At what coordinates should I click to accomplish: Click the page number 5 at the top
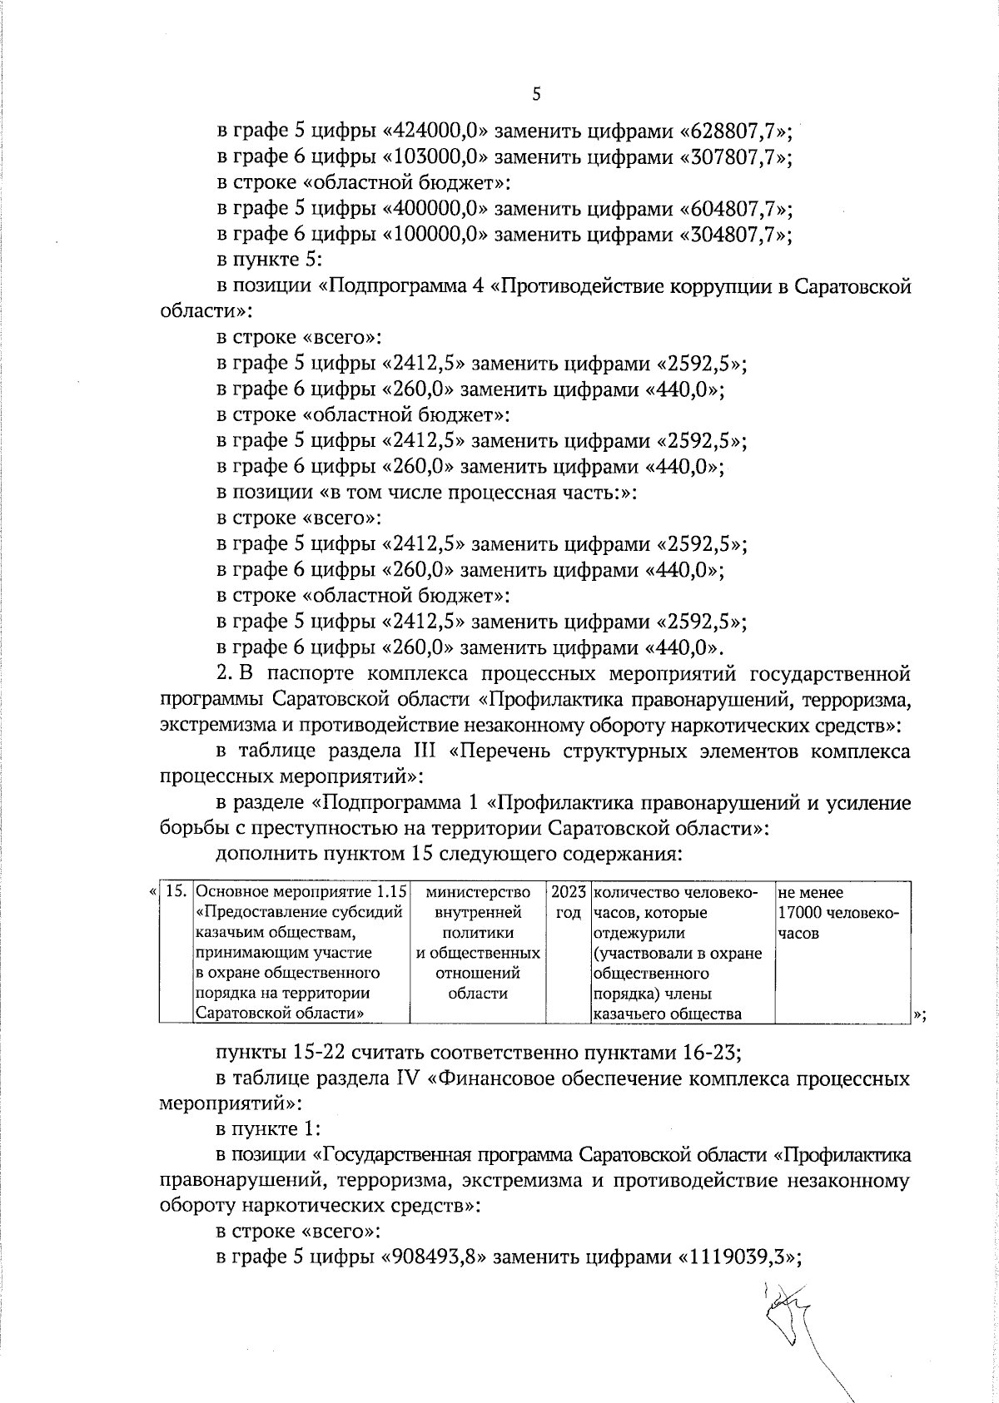536,95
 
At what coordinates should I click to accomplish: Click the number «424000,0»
437,131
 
